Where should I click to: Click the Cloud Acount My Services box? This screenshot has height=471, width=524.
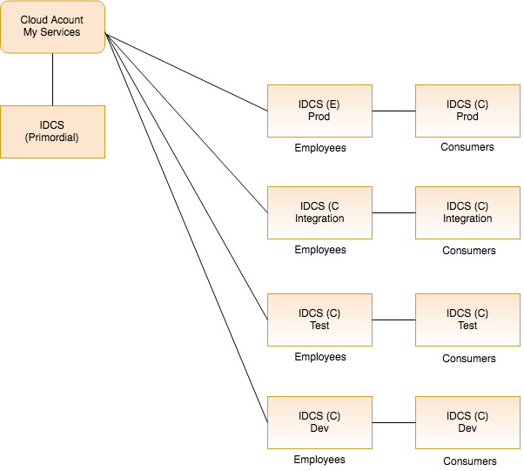(52, 26)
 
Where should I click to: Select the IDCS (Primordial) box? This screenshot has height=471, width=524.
(52, 131)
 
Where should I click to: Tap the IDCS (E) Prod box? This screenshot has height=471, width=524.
(319, 111)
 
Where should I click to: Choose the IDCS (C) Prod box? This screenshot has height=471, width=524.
(467, 111)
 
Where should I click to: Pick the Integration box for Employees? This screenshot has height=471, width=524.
(319, 212)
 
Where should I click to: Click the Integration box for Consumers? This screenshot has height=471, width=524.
(467, 212)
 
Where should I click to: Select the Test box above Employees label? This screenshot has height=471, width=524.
(319, 320)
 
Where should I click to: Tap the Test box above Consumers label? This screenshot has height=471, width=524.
(467, 320)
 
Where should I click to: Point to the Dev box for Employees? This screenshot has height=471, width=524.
(319, 422)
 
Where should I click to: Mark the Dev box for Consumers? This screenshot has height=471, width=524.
(467, 422)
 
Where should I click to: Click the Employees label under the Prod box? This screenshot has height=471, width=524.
(319, 148)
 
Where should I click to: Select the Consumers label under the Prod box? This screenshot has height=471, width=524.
(467, 147)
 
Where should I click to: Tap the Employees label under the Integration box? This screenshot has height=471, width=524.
(319, 250)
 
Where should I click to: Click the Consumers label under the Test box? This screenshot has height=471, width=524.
(468, 358)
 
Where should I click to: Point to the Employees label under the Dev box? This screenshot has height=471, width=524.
(319, 460)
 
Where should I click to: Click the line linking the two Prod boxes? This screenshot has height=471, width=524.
(393, 111)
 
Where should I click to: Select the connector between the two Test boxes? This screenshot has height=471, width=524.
(393, 320)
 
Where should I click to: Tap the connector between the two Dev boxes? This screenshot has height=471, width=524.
(393, 422)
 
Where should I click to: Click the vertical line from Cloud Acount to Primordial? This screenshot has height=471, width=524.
(52, 79)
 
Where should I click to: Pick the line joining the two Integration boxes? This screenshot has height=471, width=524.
(393, 212)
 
